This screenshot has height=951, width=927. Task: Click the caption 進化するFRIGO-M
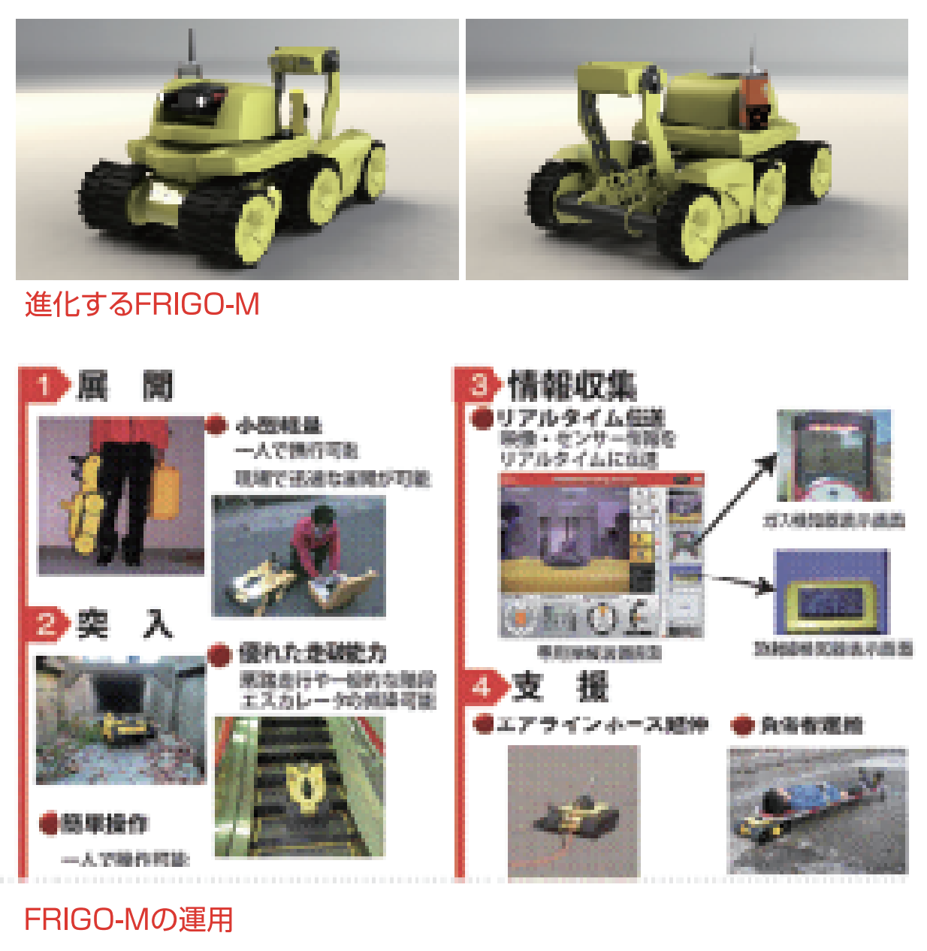pyautogui.click(x=142, y=305)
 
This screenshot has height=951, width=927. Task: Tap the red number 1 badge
pyautogui.click(x=44, y=386)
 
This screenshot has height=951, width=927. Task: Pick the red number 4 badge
pyautogui.click(x=482, y=686)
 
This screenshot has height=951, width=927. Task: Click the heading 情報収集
pyautogui.click(x=571, y=385)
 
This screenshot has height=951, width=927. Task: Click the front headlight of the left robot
pyautogui.click(x=164, y=194)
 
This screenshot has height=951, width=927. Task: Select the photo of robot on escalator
pyautogui.click(x=299, y=786)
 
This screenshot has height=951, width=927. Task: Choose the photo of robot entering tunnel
pyautogui.click(x=120, y=719)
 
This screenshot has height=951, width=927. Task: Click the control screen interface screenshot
pyautogui.click(x=601, y=556)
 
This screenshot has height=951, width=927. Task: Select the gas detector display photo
pyautogui.click(x=833, y=456)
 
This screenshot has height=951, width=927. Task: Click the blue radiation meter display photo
pyautogui.click(x=831, y=593)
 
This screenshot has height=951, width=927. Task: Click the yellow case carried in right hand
pyautogui.click(x=165, y=492)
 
